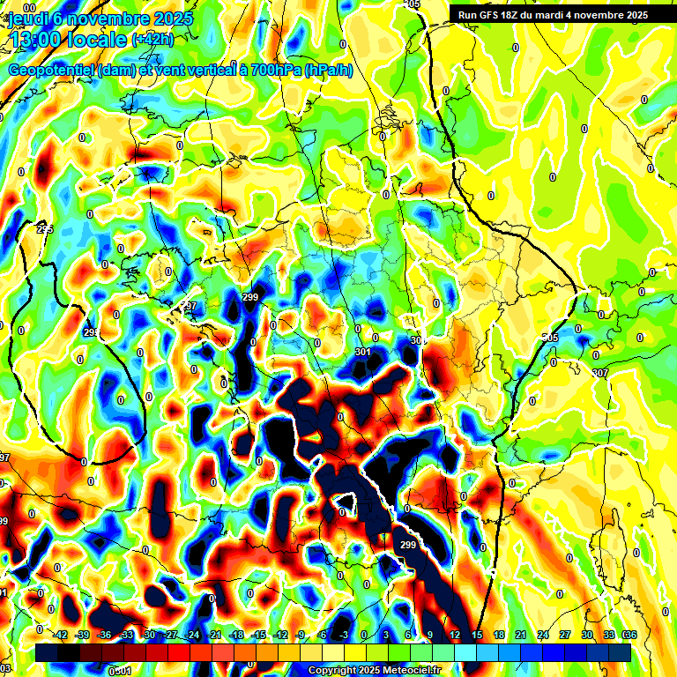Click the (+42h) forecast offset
(153, 40)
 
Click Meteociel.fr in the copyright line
(411, 671)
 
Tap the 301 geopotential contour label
(362, 353)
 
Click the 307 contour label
(600, 374)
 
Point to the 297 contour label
(188, 306)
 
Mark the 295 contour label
(45, 229)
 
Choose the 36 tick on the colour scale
(629, 635)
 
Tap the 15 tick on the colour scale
(476, 635)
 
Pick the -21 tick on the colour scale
(213, 635)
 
